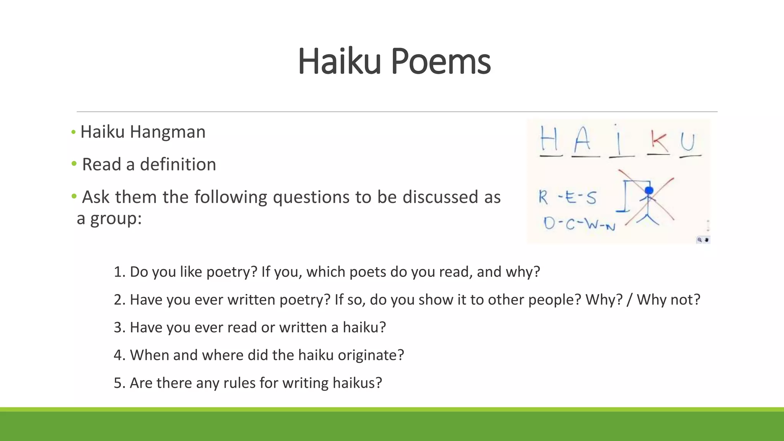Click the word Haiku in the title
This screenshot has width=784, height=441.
click(x=339, y=61)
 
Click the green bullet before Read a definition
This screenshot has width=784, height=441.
click(x=74, y=164)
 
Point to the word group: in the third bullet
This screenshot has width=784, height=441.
click(x=116, y=219)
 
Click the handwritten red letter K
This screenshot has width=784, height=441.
click(x=659, y=142)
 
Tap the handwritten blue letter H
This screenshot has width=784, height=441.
click(x=549, y=139)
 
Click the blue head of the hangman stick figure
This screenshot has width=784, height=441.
click(x=649, y=190)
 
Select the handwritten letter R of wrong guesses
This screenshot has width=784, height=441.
click(x=543, y=197)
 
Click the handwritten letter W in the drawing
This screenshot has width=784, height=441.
click(x=592, y=224)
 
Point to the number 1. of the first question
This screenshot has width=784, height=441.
click(x=119, y=272)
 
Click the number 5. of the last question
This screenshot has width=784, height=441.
click(x=119, y=383)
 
